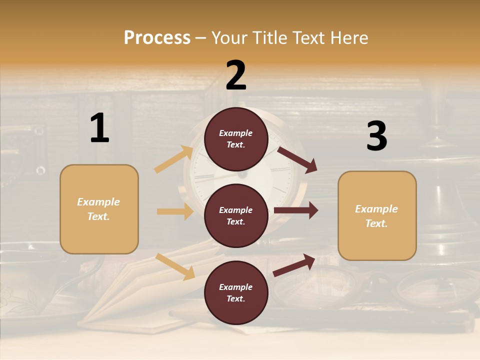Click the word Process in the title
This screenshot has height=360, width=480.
pyautogui.click(x=157, y=37)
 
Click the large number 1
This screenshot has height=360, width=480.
pyautogui.click(x=99, y=128)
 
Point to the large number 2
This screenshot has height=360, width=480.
pyautogui.click(x=236, y=75)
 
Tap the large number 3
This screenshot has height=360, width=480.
pyautogui.click(x=376, y=136)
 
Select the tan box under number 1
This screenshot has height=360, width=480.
pyautogui.click(x=99, y=209)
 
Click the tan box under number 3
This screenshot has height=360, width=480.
pyautogui.click(x=377, y=216)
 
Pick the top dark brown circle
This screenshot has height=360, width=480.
pyautogui.click(x=236, y=139)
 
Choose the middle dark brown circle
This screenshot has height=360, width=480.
pyautogui.click(x=236, y=216)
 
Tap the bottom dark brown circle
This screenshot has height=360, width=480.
pyautogui.click(x=236, y=293)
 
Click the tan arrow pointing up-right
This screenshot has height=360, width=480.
pyautogui.click(x=174, y=159)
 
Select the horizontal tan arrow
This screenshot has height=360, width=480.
pyautogui.click(x=175, y=211)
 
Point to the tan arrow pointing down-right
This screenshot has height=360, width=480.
pyautogui.click(x=175, y=266)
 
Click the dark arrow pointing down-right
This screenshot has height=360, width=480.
pyautogui.click(x=297, y=159)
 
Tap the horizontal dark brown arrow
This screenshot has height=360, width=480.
pyautogui.click(x=296, y=210)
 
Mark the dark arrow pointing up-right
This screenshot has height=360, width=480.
pyautogui.click(x=294, y=265)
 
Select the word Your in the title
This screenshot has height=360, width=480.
pyautogui.click(x=228, y=37)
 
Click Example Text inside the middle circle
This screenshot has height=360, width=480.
pyautogui.click(x=236, y=216)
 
